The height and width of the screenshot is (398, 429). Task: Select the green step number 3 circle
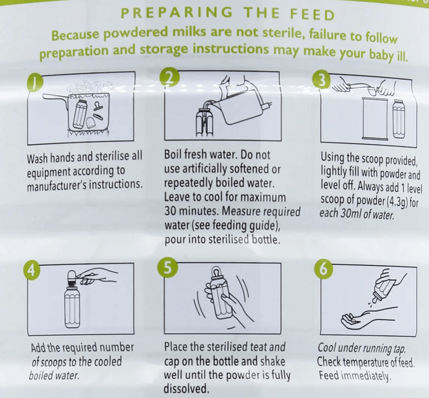point(321,80)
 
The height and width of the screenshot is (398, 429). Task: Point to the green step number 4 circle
point(31,270)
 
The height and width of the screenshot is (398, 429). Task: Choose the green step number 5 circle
point(168,267)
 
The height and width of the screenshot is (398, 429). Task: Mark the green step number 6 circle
point(323,268)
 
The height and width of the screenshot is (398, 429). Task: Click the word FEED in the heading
point(312,14)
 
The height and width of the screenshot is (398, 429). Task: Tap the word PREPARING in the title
point(177,13)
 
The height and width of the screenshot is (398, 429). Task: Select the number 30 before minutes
point(170,211)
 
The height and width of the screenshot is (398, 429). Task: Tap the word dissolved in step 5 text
point(186,389)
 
